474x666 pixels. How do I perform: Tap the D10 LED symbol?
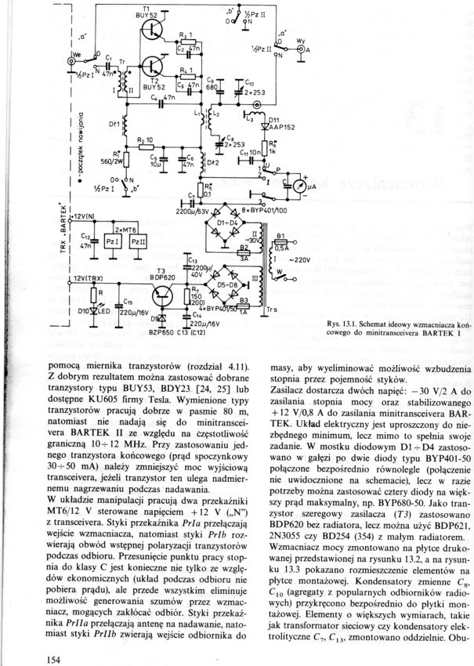(100, 311)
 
